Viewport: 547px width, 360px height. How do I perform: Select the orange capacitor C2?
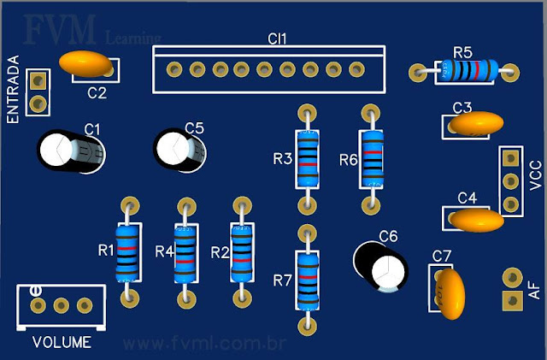(87, 63)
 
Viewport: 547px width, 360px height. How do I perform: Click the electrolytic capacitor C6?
(382, 264)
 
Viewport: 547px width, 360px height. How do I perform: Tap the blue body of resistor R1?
(129, 253)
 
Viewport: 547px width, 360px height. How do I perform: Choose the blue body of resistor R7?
(306, 279)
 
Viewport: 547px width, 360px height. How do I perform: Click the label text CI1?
(277, 39)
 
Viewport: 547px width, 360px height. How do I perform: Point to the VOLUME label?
(62, 343)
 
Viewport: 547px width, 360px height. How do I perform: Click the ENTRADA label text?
(13, 90)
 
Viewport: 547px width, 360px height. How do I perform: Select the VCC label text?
(536, 175)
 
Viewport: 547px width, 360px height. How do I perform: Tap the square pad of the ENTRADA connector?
(37, 81)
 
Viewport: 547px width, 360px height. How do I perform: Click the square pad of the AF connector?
(511, 300)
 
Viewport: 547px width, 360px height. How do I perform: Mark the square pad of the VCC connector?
(510, 158)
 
